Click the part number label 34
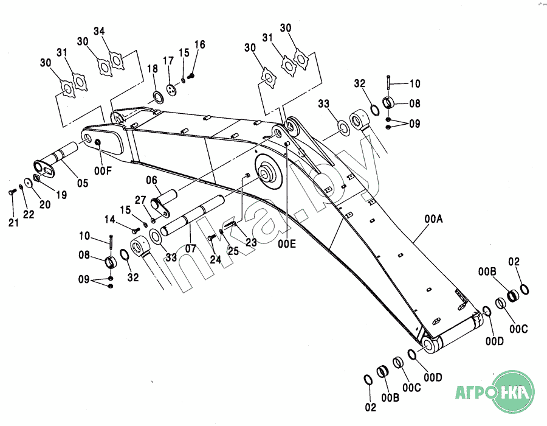[x=99, y=31]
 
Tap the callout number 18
[x=153, y=69]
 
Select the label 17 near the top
[x=168, y=61]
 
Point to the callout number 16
[x=199, y=44]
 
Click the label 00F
[x=103, y=171]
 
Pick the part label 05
[x=83, y=183]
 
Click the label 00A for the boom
[x=433, y=219]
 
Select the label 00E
[x=287, y=243]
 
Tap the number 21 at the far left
[x=13, y=222]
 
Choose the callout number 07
[x=191, y=249]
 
